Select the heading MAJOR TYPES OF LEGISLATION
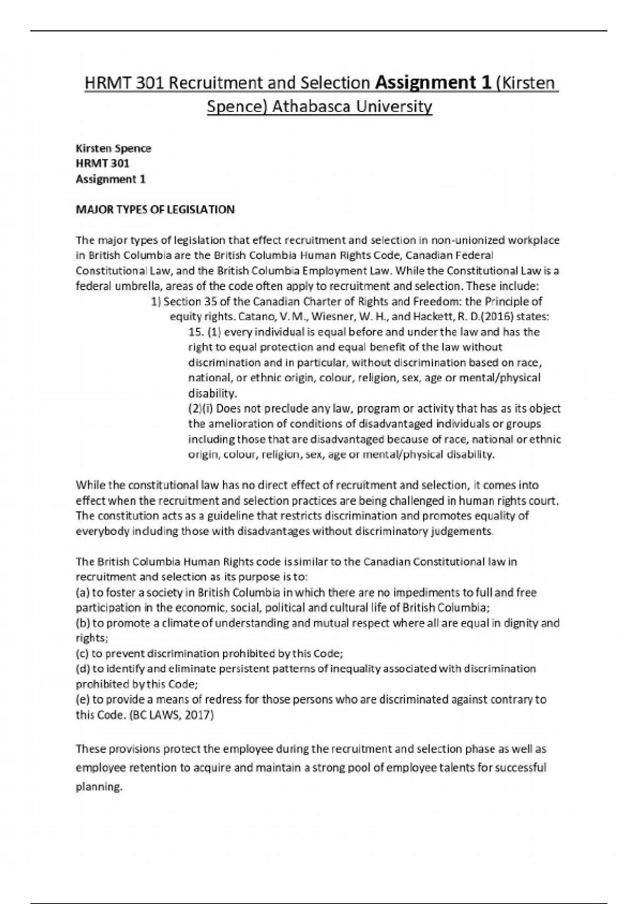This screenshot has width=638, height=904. (x=155, y=210)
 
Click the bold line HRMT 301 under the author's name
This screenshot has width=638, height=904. (x=102, y=163)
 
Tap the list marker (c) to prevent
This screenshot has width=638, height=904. (x=82, y=654)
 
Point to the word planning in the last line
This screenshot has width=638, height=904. (x=99, y=787)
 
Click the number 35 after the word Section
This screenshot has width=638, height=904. (x=211, y=302)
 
